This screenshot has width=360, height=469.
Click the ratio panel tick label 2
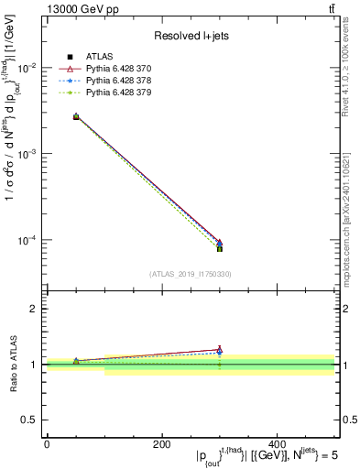(x=34, y=310)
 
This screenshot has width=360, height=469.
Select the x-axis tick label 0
(x=47, y=444)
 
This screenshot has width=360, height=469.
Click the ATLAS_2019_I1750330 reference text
(x=190, y=273)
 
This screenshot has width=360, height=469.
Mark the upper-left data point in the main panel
(x=76, y=116)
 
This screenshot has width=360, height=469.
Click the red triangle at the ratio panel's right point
(x=220, y=350)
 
